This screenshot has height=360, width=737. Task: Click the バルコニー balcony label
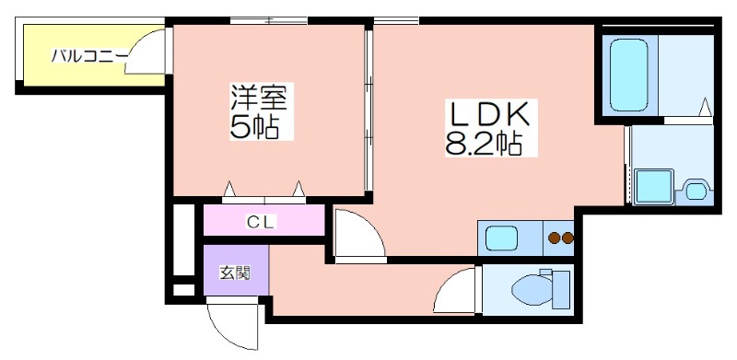pos(89,55)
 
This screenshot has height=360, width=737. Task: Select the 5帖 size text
pos(255,125)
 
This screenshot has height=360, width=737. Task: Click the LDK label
pos(490,113)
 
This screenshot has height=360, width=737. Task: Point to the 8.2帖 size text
pos(484,143)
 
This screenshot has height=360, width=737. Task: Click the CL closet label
pos(262,222)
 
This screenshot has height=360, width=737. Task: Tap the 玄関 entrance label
pos(235,273)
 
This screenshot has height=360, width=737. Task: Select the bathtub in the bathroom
pos(629,75)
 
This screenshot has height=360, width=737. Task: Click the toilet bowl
pos(532,288)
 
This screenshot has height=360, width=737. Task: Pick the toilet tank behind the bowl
pos(561,289)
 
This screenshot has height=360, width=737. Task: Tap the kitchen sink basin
pos(501,238)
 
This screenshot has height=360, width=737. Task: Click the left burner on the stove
pos(555,238)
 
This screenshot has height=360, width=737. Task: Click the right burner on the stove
pos(567,238)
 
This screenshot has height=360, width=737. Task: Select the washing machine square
pos(654,187)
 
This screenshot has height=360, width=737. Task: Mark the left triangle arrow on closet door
pos(228,189)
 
